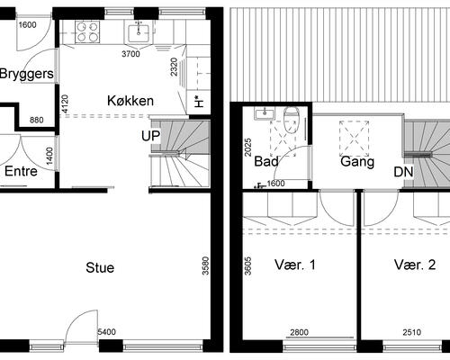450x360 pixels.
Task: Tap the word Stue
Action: click(100, 267)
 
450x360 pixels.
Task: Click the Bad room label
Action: click(266, 162)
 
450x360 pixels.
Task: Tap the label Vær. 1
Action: click(301, 265)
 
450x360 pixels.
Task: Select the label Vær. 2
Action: click(414, 265)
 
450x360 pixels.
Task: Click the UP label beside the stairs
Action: click(150, 136)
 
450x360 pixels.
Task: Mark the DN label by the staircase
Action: click(403, 173)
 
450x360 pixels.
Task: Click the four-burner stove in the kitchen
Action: click(87, 32)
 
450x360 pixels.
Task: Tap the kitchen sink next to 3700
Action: click(139, 33)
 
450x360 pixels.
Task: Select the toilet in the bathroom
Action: click(291, 119)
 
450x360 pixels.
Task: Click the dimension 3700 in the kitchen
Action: click(131, 54)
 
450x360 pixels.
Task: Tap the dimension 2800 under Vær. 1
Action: click(301, 333)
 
